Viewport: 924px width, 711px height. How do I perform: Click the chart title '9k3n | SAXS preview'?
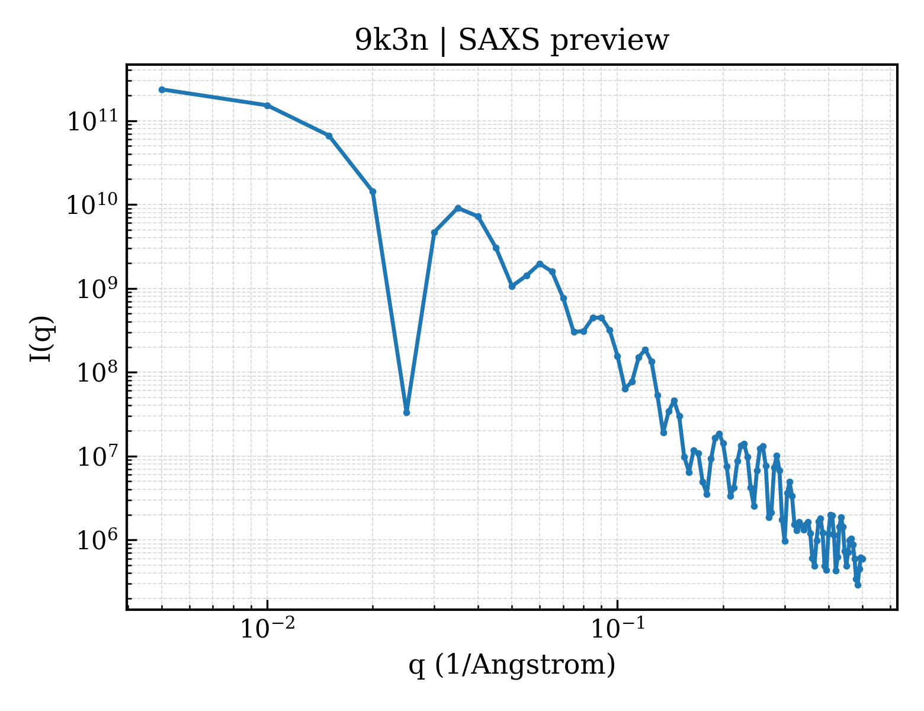click(512, 41)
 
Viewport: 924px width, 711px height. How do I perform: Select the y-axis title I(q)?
click(41, 339)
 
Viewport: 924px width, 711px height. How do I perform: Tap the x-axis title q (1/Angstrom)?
click(512, 665)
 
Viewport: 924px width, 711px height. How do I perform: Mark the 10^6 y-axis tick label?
click(97, 540)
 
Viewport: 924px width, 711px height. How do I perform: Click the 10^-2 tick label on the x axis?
click(268, 627)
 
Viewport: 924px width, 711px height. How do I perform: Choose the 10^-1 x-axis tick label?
click(618, 627)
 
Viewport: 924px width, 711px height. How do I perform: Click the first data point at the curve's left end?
click(162, 89)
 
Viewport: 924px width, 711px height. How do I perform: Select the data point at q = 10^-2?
click(268, 105)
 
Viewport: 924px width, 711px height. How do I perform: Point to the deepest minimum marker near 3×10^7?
click(406, 412)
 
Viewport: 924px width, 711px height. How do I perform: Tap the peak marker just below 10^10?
click(458, 208)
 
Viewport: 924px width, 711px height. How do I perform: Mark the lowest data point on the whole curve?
click(858, 585)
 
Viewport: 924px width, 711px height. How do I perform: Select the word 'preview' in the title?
click(610, 41)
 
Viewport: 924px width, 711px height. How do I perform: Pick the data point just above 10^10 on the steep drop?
click(373, 191)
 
